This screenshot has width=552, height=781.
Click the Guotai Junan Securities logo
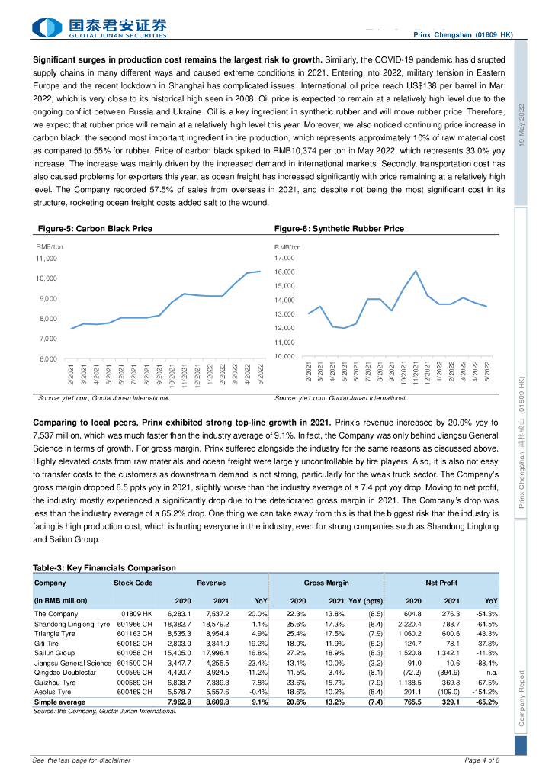click(99, 28)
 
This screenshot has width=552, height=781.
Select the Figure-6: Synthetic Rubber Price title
click(339, 229)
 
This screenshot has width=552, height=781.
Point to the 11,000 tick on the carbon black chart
click(47, 259)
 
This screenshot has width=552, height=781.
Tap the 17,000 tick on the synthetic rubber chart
click(284, 259)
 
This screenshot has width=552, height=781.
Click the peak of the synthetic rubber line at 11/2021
click(416, 271)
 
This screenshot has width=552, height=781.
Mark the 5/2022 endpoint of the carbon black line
click(261, 271)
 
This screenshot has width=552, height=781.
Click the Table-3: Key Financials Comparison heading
click(104, 568)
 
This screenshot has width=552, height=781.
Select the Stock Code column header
click(133, 583)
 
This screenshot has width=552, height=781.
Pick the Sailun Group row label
click(54, 653)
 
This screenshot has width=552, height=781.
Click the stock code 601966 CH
click(135, 624)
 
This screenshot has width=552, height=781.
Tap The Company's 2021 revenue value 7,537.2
click(217, 614)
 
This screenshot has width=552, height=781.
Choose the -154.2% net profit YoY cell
click(485, 693)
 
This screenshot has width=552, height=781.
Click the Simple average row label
click(60, 702)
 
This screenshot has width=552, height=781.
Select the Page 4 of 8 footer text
click(482, 760)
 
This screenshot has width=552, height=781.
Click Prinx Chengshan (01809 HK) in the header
click(463, 35)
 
